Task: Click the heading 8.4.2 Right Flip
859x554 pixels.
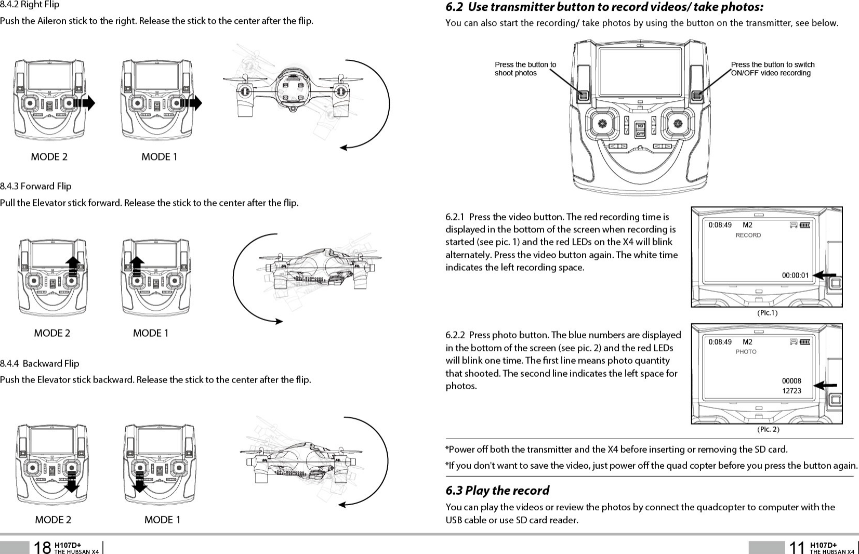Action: [30, 5]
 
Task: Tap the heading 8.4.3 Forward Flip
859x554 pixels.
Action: [36, 186]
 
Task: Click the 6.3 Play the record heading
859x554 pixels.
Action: [497, 490]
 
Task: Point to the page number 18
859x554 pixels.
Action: [42, 547]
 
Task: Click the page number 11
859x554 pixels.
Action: [797, 547]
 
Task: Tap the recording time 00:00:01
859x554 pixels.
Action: [795, 275]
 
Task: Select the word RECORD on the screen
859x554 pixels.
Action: [748, 235]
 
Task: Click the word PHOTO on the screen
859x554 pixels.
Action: [746, 352]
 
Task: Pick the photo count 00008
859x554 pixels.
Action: [791, 381]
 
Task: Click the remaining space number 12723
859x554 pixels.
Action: [791, 391]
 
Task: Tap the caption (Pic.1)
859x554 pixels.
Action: [767, 313]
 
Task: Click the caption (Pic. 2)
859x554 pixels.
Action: [768, 429]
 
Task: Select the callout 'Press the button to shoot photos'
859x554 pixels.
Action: [525, 69]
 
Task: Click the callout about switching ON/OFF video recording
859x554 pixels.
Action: [772, 69]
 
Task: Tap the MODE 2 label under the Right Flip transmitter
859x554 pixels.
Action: [49, 156]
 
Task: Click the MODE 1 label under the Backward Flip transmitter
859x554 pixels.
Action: [162, 520]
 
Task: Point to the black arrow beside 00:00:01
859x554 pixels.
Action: [824, 275]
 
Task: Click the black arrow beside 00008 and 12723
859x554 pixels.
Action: [825, 386]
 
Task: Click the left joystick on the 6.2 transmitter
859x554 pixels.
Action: [602, 124]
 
